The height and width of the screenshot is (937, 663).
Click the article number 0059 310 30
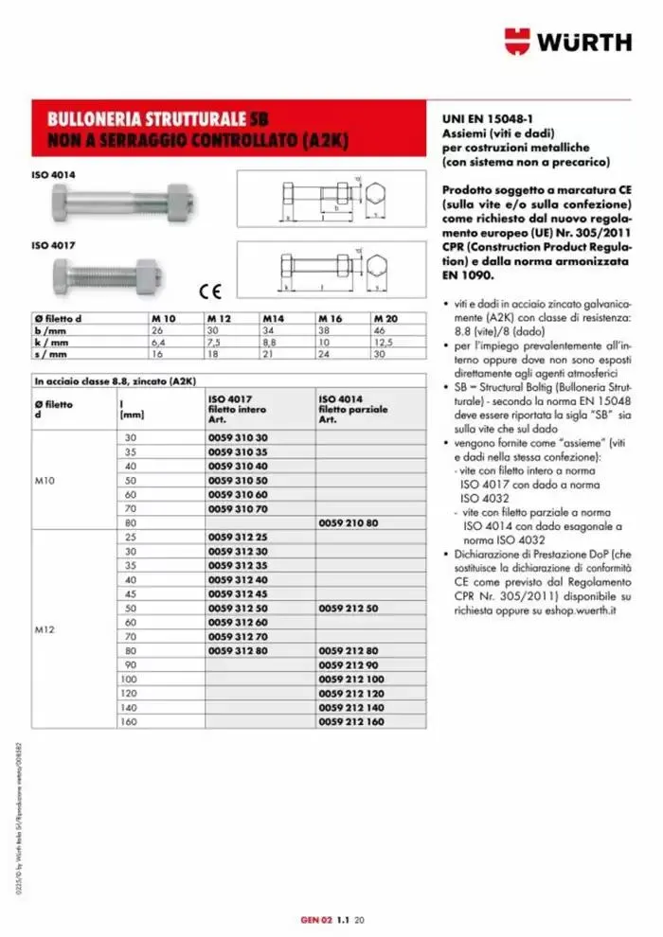point(239,438)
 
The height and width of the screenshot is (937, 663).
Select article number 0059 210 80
point(349,522)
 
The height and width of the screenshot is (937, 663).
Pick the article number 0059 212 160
point(350,721)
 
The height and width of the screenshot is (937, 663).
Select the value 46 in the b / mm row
point(380,329)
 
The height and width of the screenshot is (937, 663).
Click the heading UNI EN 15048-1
point(487,120)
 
